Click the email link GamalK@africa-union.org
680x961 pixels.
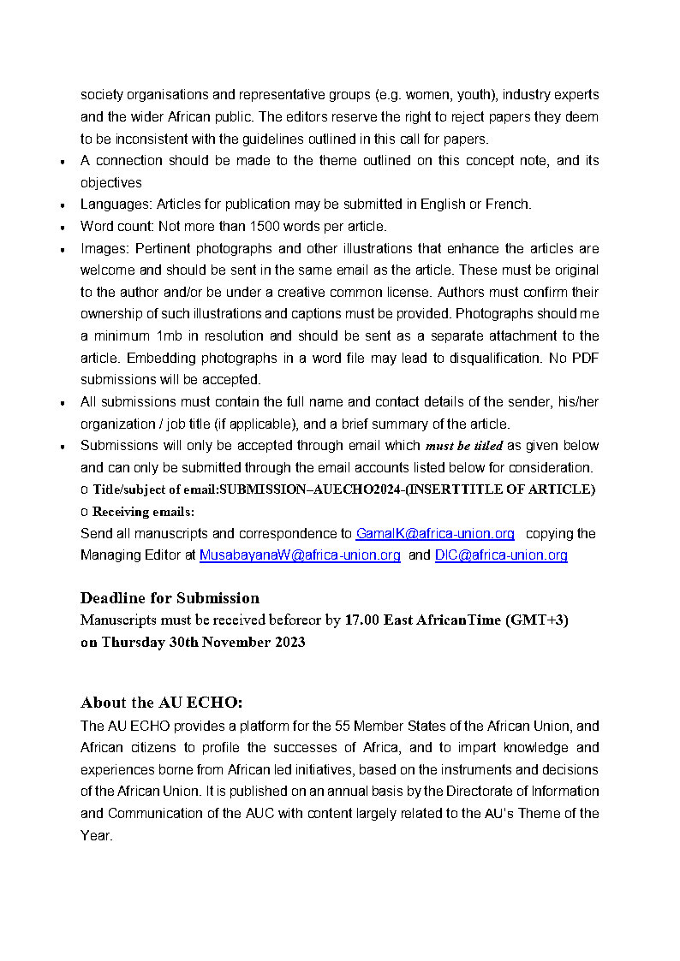click(x=435, y=533)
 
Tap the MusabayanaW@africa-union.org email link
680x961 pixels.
click(x=300, y=555)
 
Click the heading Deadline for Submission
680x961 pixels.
click(x=170, y=597)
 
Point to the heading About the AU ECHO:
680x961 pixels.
click(x=162, y=703)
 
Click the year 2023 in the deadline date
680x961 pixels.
click(x=286, y=642)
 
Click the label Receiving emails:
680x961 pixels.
click(x=143, y=512)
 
